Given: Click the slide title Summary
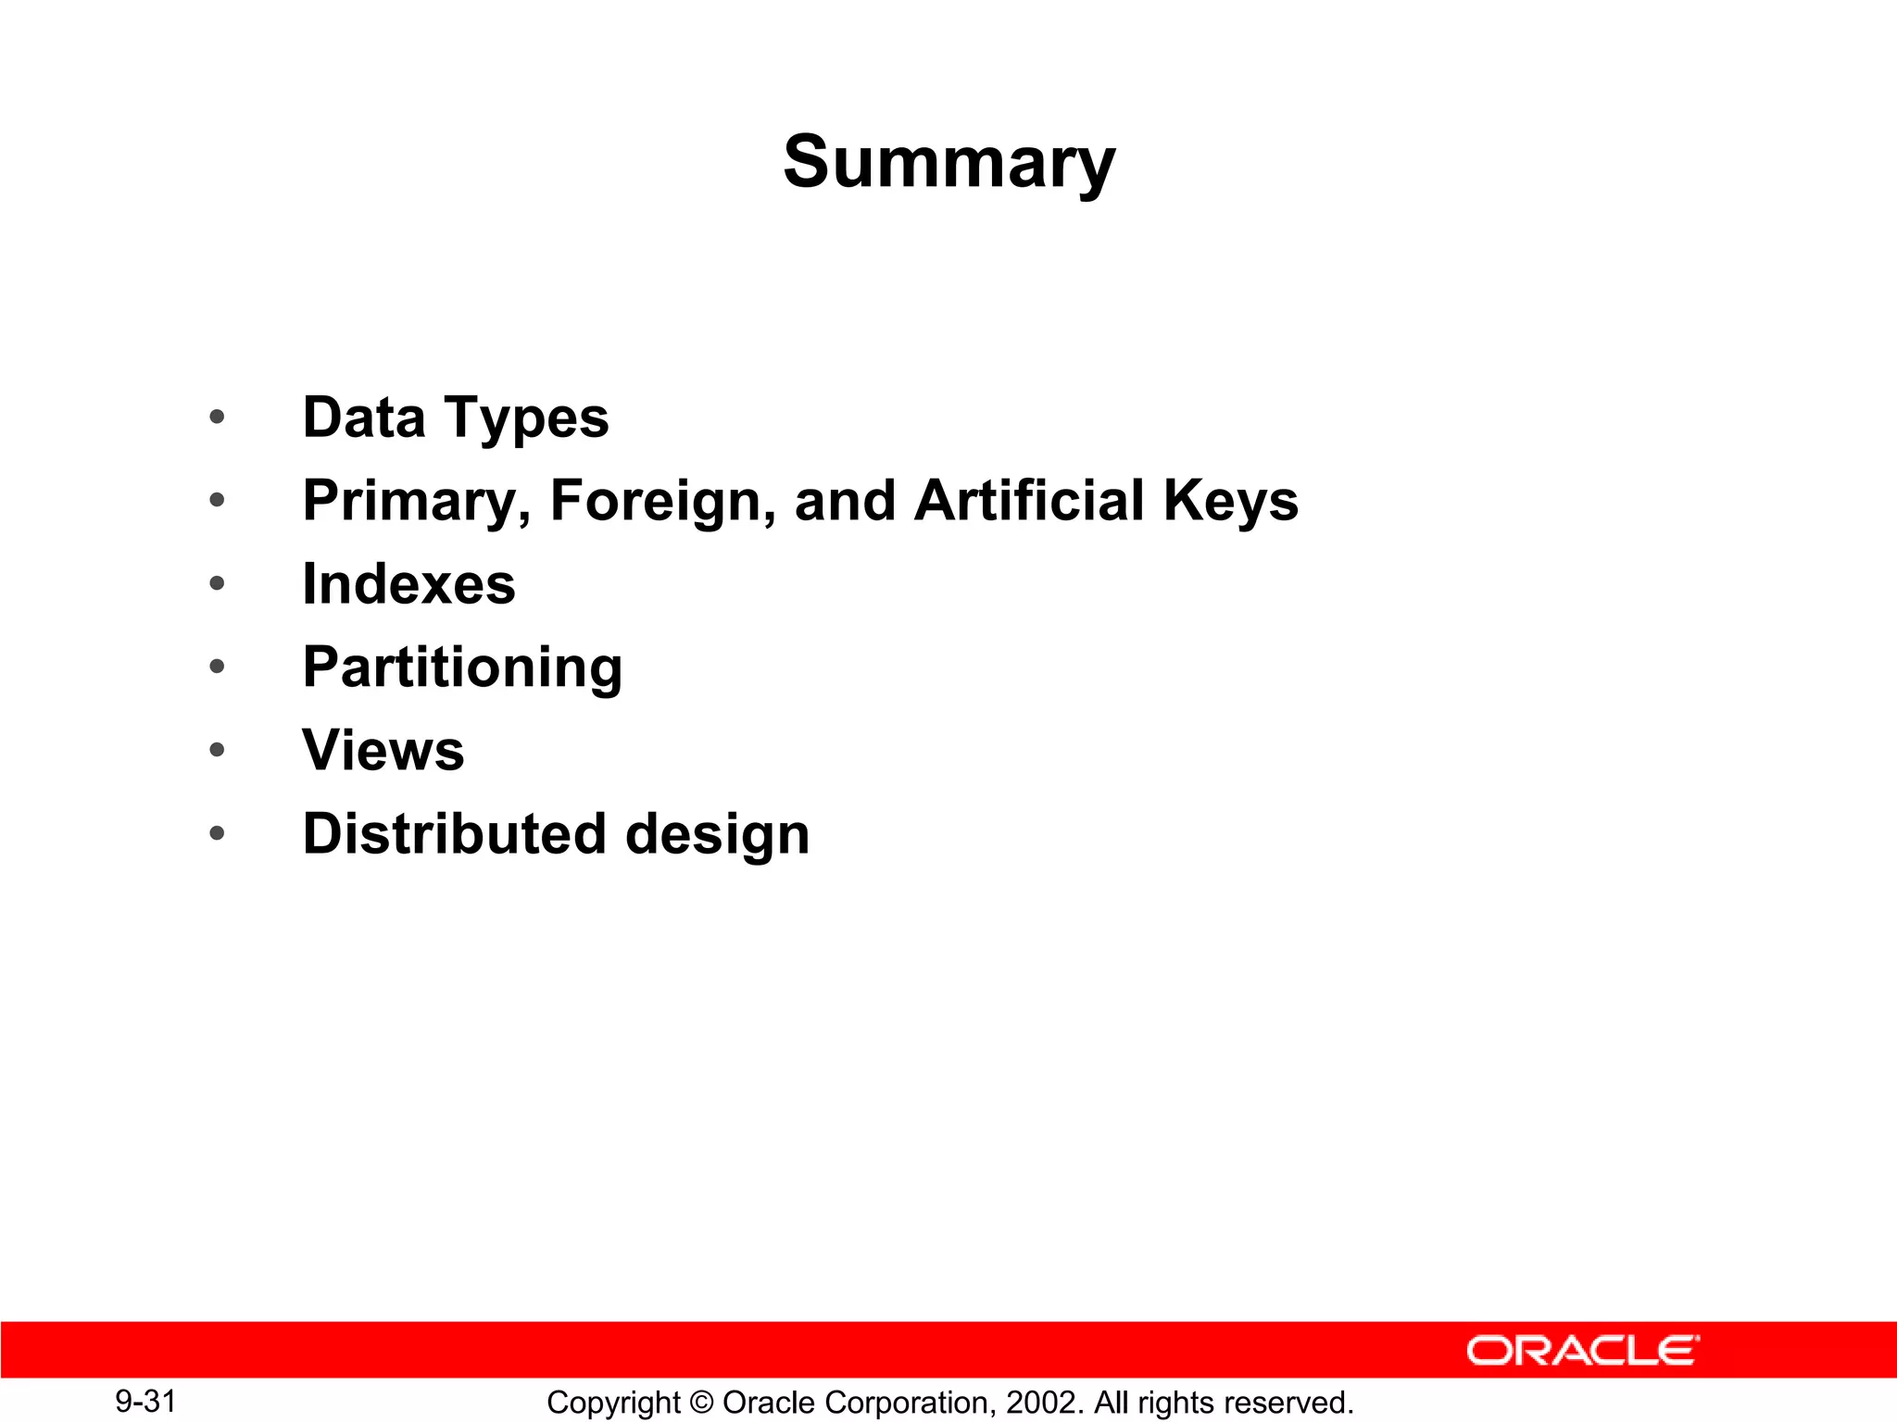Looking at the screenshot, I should [x=949, y=163].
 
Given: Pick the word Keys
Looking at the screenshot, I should [x=1231, y=502].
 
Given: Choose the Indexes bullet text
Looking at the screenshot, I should [x=408, y=584].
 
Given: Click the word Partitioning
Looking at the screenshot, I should [x=462, y=668].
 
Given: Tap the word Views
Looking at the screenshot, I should [x=383, y=750].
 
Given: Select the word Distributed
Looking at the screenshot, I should [x=454, y=833].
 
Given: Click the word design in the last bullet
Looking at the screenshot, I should [x=718, y=835].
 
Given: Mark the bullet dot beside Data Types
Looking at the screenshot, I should [x=217, y=417].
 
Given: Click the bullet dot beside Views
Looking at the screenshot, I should [x=217, y=750].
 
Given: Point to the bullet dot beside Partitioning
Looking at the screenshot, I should [x=217, y=667].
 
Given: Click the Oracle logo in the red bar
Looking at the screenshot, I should [x=1582, y=1351].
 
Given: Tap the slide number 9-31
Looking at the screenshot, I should [x=145, y=1402].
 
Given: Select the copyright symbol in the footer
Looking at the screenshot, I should [x=701, y=1403].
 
